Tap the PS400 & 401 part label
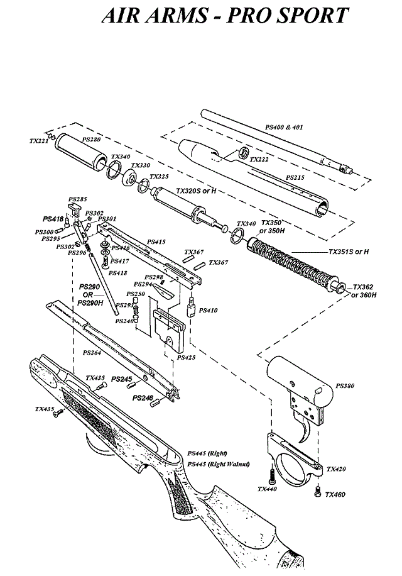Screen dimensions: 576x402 click(x=284, y=127)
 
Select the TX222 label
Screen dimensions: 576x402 click(x=259, y=160)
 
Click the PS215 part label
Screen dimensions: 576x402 click(x=295, y=178)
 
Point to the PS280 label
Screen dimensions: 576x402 click(x=92, y=139)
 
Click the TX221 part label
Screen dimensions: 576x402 click(x=38, y=141)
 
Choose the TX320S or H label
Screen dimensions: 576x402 click(x=196, y=190)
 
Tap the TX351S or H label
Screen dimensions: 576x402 click(x=349, y=252)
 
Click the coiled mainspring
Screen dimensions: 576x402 click(x=289, y=261)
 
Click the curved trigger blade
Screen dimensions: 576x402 click(x=307, y=435)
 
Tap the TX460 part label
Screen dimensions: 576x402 click(x=335, y=495)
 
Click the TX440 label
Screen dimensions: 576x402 click(x=268, y=489)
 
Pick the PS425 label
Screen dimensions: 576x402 click(x=187, y=357)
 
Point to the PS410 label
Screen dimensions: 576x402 click(x=209, y=311)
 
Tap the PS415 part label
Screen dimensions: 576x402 click(x=156, y=241)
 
